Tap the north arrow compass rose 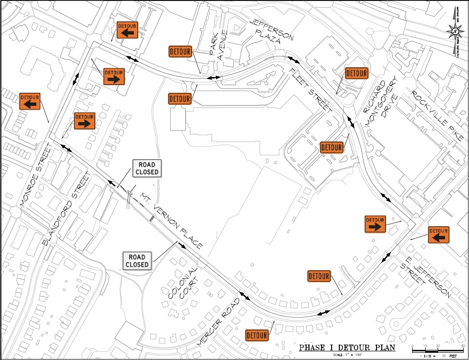click(x=455, y=33)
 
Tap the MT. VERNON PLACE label click(x=172, y=221)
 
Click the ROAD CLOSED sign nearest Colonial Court click(x=137, y=261)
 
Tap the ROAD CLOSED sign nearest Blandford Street click(x=147, y=169)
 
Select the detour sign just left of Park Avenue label click(x=181, y=52)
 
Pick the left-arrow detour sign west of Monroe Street click(x=29, y=101)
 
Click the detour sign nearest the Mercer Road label click(x=257, y=335)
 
